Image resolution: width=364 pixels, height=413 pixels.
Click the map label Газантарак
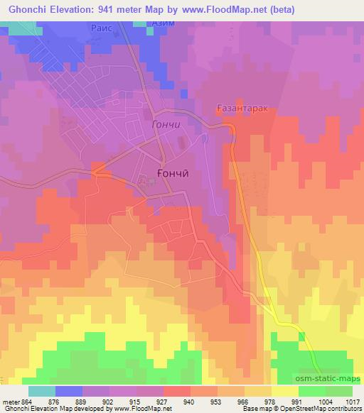(x=242, y=108)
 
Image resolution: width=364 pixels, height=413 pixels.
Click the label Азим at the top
(x=164, y=23)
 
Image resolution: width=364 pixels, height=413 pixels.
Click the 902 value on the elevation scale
(x=109, y=402)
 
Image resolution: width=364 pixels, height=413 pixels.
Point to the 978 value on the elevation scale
(x=271, y=402)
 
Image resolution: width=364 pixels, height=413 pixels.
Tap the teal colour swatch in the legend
(x=41, y=391)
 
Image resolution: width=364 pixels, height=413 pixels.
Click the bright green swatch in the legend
(x=311, y=391)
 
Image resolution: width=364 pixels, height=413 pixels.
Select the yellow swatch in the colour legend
(x=284, y=391)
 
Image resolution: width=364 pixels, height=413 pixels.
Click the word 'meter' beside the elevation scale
(x=11, y=402)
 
